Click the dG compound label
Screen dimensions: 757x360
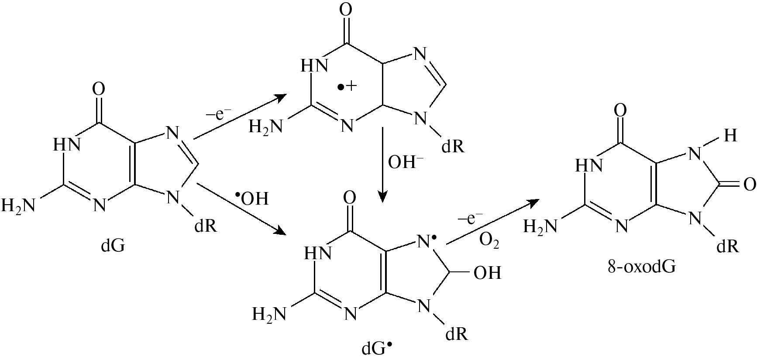point(113,247)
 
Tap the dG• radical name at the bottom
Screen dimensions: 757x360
point(377,349)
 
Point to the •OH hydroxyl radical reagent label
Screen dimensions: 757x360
point(252,199)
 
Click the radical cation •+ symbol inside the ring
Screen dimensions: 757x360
point(348,86)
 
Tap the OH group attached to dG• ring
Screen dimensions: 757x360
point(487,273)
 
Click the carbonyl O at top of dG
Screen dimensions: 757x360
point(99,90)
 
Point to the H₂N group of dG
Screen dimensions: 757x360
point(18,205)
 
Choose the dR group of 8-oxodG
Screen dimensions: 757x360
point(728,246)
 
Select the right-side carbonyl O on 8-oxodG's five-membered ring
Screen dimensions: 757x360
point(749,185)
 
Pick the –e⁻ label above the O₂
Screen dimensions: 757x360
point(471,218)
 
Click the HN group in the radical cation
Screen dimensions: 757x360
point(314,66)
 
